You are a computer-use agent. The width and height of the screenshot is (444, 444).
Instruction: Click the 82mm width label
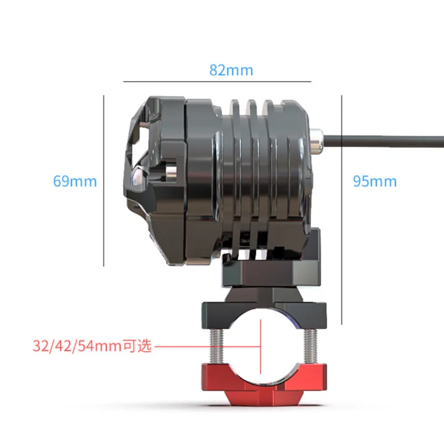[x=231, y=70]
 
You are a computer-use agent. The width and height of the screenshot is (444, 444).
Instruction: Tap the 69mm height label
[x=75, y=181]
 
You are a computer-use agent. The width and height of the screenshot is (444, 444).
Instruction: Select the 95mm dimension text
[x=375, y=181]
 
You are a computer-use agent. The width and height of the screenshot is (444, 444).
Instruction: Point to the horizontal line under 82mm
[x=217, y=82]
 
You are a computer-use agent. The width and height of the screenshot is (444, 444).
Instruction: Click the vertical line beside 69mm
[x=104, y=181]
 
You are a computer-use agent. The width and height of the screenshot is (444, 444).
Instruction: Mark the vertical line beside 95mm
[x=342, y=210]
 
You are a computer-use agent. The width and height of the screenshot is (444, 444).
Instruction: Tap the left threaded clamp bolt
[x=216, y=346]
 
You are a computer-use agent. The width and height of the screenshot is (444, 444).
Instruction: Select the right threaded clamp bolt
[x=310, y=346]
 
